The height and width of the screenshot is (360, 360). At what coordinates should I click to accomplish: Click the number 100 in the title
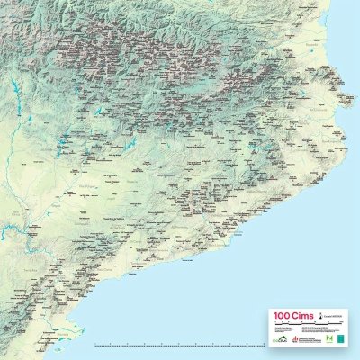pos(280,317)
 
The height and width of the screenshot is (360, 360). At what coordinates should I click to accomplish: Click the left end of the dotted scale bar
pos(94,345)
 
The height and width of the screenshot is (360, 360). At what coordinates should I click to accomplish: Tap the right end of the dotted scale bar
pos(261,345)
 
